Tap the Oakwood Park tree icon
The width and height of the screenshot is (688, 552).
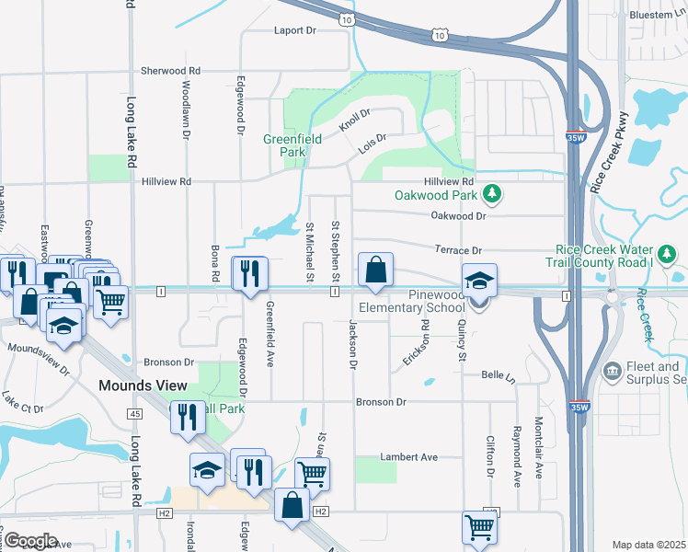(x=493, y=193)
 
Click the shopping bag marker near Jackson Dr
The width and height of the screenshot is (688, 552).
(x=375, y=270)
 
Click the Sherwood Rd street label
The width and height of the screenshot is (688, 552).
(x=170, y=71)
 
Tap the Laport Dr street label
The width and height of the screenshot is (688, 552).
(x=294, y=30)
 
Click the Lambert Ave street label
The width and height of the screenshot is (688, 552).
(x=408, y=457)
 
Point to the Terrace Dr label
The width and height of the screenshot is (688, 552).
(x=464, y=250)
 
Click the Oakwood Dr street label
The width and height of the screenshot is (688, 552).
(x=457, y=215)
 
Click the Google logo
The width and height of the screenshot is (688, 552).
(x=29, y=541)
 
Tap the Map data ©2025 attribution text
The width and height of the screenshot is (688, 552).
(x=648, y=545)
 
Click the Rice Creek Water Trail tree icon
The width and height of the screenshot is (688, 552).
(x=666, y=252)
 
